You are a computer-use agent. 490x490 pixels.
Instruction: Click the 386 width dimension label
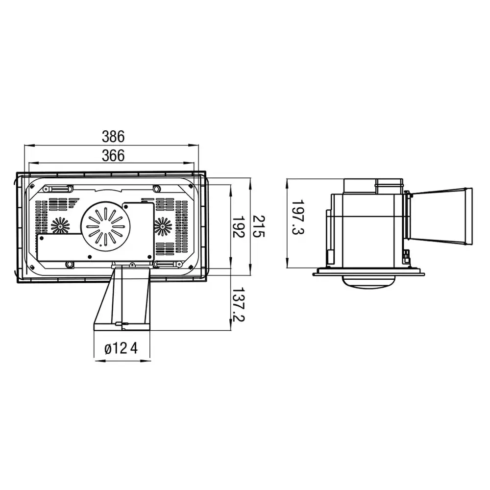click(113, 136)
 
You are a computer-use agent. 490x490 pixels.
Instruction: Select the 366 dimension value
click(113, 155)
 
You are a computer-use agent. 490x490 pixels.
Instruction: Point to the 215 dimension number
click(258, 226)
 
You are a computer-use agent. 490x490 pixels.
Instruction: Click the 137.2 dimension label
click(239, 305)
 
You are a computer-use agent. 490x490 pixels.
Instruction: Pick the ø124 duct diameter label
click(121, 348)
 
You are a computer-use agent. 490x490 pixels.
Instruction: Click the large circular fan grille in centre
click(105, 226)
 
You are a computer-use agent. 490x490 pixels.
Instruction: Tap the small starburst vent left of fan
click(60, 225)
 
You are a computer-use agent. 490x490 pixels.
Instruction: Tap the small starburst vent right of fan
click(163, 225)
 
